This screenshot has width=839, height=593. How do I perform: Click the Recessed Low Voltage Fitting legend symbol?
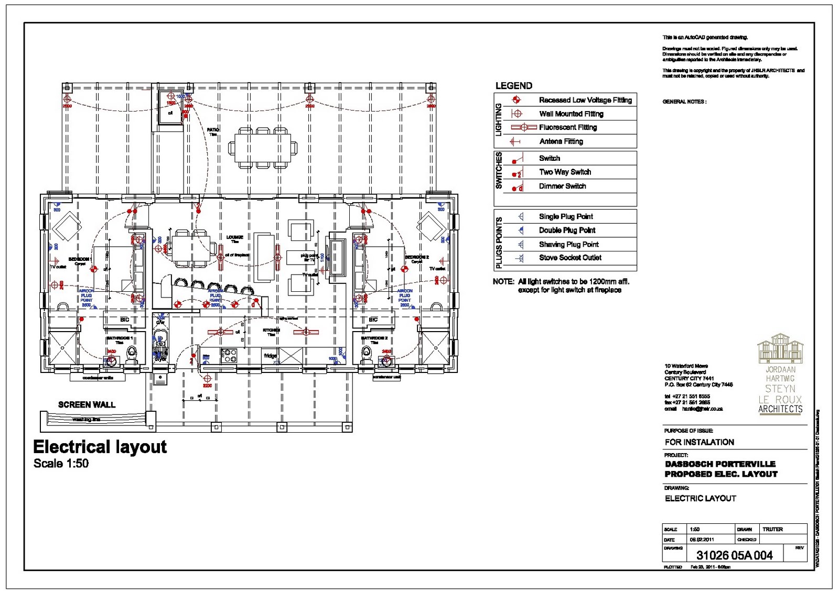coord(516,100)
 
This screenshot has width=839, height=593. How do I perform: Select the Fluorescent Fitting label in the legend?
coord(568,127)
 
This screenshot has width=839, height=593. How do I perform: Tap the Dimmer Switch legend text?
coord(562,186)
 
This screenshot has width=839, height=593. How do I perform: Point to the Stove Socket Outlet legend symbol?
coord(520,258)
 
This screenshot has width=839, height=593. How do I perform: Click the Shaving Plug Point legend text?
coord(568,244)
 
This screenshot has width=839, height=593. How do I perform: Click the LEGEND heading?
coord(513,85)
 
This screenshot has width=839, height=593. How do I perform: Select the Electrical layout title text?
coord(100,447)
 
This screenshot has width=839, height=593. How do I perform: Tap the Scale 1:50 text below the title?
coord(61,464)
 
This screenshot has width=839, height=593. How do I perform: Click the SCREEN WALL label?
coord(87,404)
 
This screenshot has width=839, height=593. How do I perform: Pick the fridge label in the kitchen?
coord(270,356)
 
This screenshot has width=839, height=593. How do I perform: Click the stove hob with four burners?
coord(230,356)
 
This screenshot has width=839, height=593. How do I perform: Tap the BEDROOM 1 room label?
coord(80,259)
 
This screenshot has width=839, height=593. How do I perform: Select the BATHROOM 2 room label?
coord(374,338)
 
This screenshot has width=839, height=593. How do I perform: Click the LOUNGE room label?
coord(234,237)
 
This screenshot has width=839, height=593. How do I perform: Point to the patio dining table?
coord(263,148)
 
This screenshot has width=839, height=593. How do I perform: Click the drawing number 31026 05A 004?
coord(734,555)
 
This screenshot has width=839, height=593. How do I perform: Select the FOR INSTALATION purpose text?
coord(699,442)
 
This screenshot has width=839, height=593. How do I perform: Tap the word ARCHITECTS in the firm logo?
coord(780,409)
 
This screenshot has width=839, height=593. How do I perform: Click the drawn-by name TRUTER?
coord(772,529)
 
